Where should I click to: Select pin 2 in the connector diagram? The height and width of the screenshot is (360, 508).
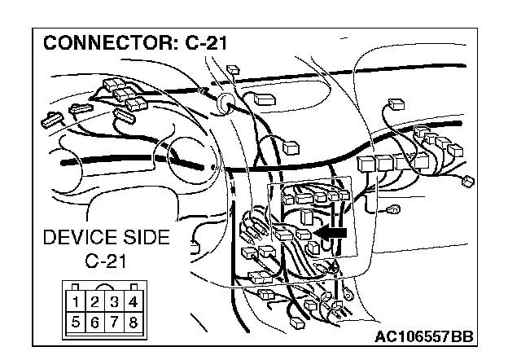click(94, 303)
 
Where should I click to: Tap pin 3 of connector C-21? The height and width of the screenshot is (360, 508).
click(114, 303)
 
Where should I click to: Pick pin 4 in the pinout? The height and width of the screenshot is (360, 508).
click(133, 303)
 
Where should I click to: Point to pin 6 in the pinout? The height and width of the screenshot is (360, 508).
click(94, 321)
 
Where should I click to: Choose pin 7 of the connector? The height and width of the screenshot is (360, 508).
click(114, 321)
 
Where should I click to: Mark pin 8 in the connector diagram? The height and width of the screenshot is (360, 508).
click(133, 321)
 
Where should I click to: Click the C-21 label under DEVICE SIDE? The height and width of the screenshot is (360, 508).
click(107, 262)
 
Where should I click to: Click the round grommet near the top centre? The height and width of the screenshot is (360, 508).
click(226, 101)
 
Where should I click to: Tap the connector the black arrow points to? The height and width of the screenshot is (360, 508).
click(304, 235)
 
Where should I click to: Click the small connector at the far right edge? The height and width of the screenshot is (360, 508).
click(467, 180)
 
